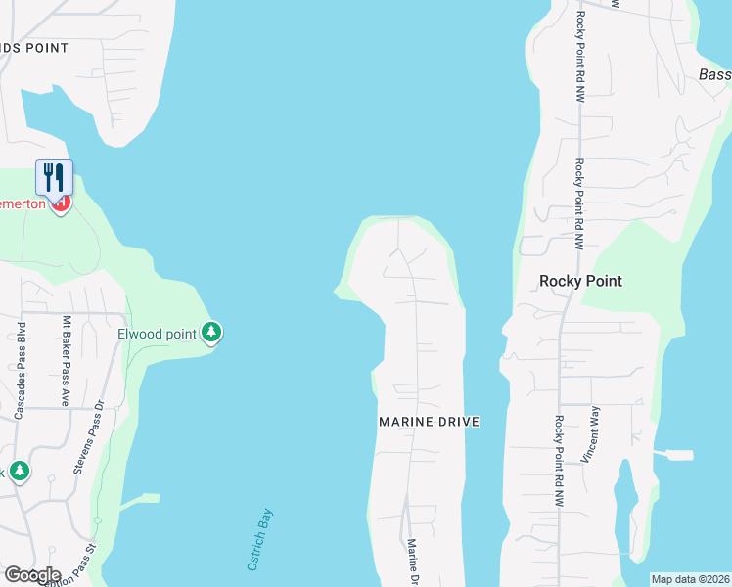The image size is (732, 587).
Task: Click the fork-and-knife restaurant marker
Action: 54,177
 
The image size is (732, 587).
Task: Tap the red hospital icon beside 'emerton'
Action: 61,203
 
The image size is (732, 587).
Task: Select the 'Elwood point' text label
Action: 158,334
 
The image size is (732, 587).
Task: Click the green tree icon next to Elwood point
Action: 211,333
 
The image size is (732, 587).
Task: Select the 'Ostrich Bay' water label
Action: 257,539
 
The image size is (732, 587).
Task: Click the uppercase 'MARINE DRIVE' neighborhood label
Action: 430,422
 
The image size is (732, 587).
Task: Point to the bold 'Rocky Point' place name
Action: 581,281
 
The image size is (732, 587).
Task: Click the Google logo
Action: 31,575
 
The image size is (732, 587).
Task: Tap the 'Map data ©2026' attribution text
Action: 691,579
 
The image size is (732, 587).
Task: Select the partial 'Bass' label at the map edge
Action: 715,75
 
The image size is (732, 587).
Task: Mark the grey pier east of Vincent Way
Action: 677,455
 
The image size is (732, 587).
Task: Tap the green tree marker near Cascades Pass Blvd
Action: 19,472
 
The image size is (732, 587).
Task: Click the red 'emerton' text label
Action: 26,203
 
